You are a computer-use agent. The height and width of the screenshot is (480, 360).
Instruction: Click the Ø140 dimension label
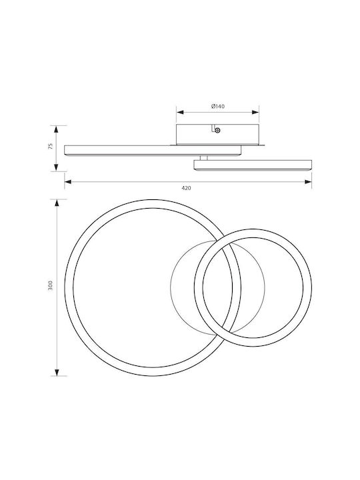(x=217, y=106)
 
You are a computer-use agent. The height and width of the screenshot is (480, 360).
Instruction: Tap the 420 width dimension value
(x=186, y=188)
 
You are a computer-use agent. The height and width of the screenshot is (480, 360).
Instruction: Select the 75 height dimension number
(x=51, y=146)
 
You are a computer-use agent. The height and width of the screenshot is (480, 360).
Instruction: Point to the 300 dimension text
(x=51, y=285)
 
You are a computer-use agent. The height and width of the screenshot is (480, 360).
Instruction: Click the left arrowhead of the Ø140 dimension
(x=180, y=113)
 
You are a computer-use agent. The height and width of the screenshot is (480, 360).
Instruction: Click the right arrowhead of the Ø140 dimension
(x=255, y=113)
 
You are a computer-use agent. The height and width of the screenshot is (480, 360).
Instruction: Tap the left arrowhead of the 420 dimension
(x=68, y=182)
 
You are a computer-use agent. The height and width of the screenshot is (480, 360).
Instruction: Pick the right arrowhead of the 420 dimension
(x=308, y=182)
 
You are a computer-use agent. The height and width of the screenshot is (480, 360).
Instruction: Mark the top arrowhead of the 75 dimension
(x=56, y=129)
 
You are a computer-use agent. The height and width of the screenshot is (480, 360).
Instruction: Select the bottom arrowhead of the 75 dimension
(x=56, y=167)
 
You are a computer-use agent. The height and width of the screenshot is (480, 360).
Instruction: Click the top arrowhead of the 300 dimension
(x=57, y=203)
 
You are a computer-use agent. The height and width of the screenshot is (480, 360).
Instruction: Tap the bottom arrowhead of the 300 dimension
(x=57, y=372)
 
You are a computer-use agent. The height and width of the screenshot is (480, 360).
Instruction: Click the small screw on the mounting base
(x=217, y=131)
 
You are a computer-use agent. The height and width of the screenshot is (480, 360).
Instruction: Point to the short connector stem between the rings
(x=203, y=158)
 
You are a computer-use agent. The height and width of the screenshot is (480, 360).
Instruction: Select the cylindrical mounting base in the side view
(x=217, y=135)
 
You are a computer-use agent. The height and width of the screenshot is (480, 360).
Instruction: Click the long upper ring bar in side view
(x=153, y=151)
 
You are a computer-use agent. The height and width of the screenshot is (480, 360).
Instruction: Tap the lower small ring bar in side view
(x=253, y=165)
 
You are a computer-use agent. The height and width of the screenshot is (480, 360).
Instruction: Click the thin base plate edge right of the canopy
(x=262, y=145)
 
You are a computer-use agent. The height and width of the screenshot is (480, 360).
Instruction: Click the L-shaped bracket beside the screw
(x=213, y=128)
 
